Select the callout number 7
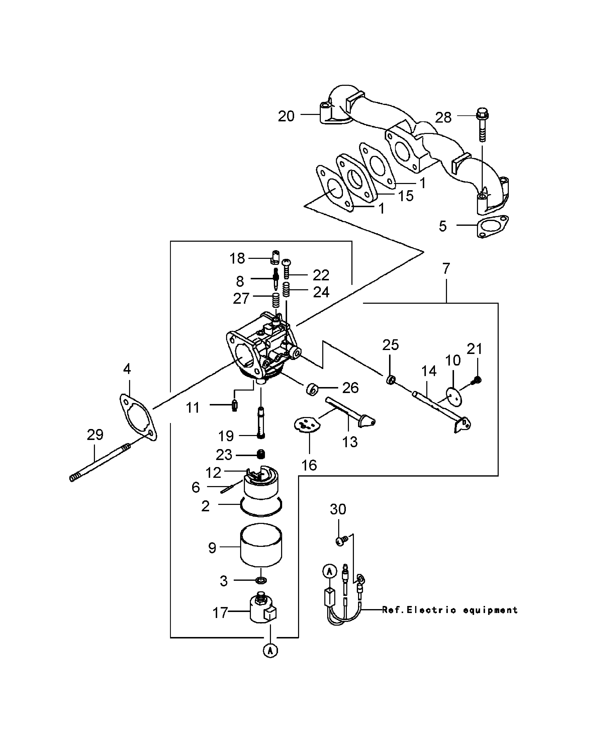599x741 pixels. [x=446, y=268]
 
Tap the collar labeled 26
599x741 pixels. [x=312, y=389]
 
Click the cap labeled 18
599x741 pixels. [x=275, y=257]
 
